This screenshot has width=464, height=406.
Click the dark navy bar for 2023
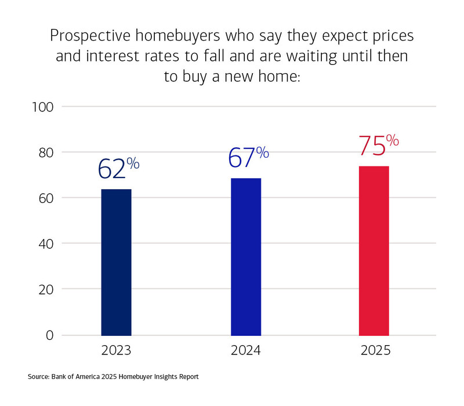pos(116,262)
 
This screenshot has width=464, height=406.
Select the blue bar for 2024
pos(246,256)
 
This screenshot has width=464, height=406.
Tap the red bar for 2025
pos(374,251)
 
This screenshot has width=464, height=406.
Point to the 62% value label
pos(118,168)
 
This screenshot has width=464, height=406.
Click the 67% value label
pos(247,157)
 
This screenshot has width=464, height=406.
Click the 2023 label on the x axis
pos(116,351)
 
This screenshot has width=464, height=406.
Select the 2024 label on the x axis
pos(246,351)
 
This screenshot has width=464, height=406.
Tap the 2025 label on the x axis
pos(375,351)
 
